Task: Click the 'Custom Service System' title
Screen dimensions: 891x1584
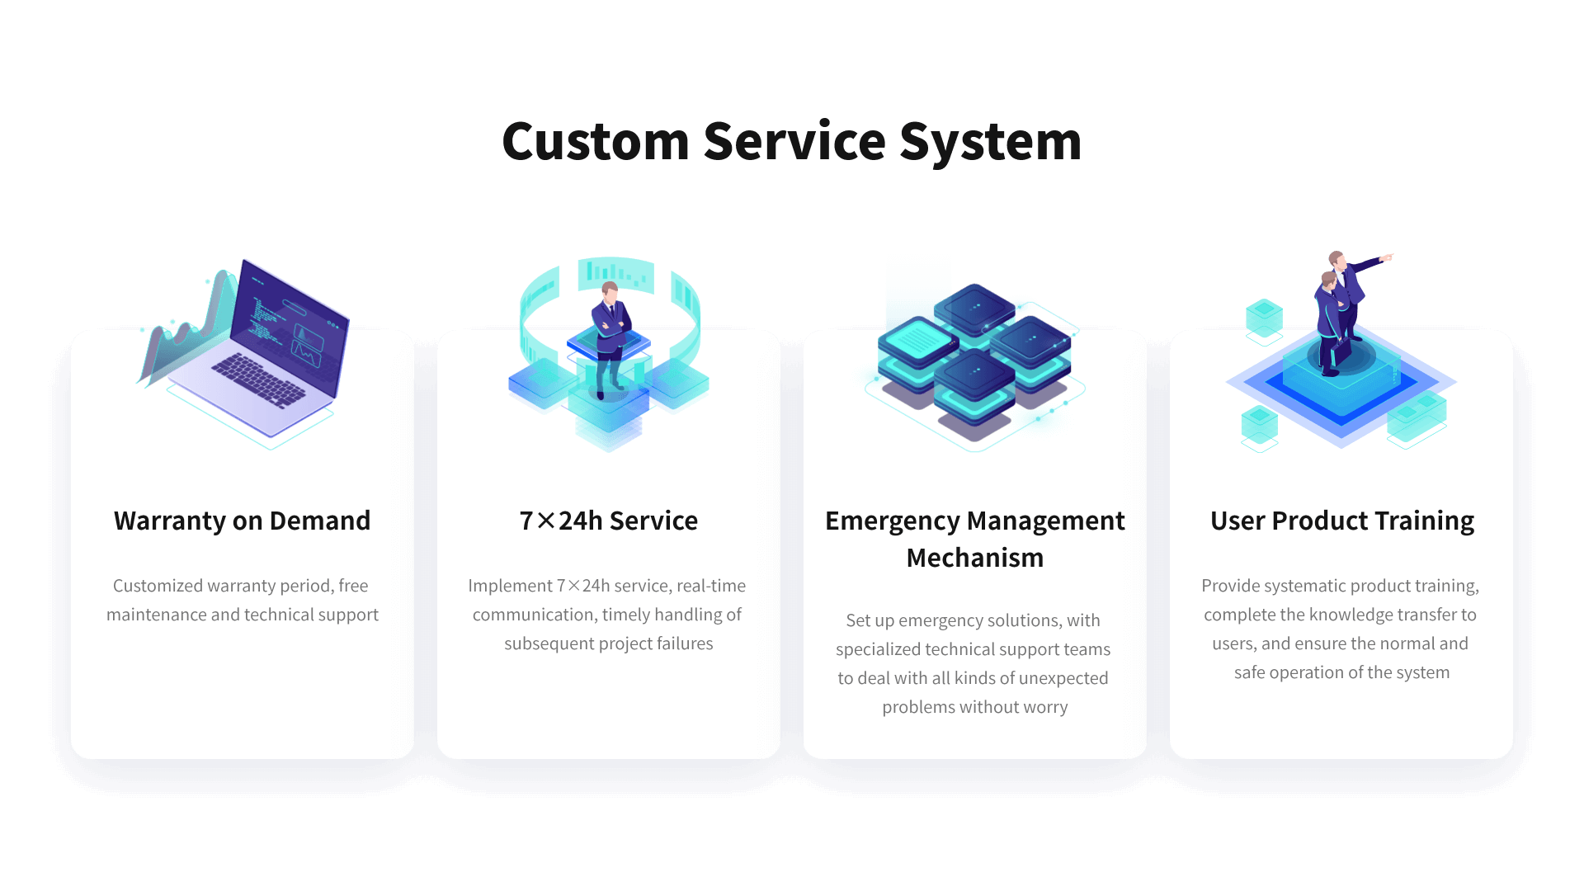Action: (791, 141)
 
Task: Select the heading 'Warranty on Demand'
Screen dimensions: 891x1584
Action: (242, 521)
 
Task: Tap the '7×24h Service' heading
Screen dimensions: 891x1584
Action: (608, 521)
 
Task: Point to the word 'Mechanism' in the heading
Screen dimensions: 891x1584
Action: (974, 558)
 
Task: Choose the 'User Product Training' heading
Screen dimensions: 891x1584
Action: (1341, 521)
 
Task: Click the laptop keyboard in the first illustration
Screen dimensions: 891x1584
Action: (259, 380)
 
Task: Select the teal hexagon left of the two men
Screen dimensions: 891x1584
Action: (1264, 317)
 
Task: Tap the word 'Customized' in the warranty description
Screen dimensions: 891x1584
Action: (158, 586)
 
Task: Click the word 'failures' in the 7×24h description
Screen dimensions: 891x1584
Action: (685, 643)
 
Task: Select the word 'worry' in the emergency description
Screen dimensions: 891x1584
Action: (1045, 707)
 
